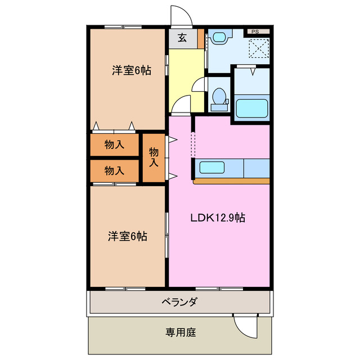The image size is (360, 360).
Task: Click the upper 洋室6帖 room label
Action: (130, 71)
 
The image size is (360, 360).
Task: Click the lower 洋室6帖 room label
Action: (128, 236)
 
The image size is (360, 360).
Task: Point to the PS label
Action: (255, 32)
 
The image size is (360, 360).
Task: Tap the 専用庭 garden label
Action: (180, 332)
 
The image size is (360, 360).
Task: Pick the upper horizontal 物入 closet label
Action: (114, 145)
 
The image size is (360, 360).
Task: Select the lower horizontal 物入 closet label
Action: (114, 170)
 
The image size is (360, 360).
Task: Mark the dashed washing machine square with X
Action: (260, 48)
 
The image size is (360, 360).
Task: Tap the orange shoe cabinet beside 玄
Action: (201, 39)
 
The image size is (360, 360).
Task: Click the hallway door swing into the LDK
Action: (180, 105)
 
